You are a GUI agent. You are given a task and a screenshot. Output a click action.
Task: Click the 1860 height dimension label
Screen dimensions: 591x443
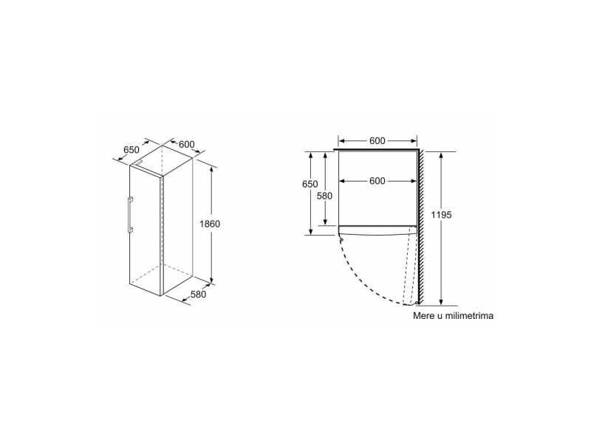pyautogui.click(x=210, y=224)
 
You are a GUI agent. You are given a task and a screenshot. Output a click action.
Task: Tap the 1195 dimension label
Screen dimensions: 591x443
pyautogui.click(x=441, y=215)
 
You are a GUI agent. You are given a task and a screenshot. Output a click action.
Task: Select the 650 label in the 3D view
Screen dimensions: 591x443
pyautogui.click(x=131, y=150)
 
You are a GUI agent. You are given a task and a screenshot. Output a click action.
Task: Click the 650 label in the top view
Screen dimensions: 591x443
pyautogui.click(x=310, y=184)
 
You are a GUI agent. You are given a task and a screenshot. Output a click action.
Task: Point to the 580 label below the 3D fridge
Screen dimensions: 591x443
pyautogui.click(x=198, y=294)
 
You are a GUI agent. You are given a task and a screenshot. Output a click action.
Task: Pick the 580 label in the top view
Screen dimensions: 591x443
pyautogui.click(x=324, y=196)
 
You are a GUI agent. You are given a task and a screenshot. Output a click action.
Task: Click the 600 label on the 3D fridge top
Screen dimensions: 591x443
pyautogui.click(x=187, y=144)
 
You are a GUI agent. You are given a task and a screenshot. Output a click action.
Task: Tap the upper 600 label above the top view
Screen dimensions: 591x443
pyautogui.click(x=378, y=141)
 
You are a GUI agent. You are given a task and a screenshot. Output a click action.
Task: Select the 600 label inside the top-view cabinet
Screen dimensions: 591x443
pyautogui.click(x=378, y=181)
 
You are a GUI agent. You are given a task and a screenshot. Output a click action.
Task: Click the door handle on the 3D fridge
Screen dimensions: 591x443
pyautogui.click(x=130, y=214)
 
